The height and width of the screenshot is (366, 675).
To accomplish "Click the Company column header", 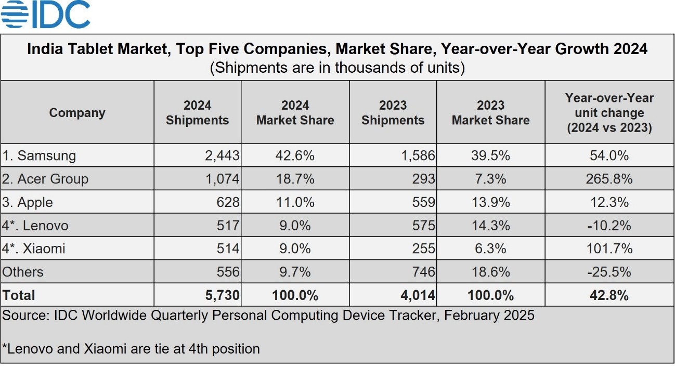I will tap(77, 113).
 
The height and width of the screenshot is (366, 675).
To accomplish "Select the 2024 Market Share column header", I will tap(295, 113).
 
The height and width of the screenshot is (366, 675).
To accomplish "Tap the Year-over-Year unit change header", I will tap(609, 113).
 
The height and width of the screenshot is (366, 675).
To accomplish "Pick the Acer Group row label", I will tap(45, 179).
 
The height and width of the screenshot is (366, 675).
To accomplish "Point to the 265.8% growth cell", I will tap(609, 179).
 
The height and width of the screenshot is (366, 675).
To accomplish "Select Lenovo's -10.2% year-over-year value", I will tap(609, 226).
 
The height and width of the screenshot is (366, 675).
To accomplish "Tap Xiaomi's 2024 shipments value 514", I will tap(228, 249).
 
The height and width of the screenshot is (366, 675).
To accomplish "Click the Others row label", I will tap(23, 272).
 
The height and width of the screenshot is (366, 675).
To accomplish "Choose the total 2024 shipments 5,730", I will tap(223, 295).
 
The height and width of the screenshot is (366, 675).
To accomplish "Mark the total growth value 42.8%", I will tap(609, 295).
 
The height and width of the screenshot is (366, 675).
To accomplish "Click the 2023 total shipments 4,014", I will tap(418, 295).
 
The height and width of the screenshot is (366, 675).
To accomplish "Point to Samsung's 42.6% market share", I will tap(295, 155).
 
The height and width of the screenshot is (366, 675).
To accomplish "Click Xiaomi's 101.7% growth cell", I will tap(609, 249).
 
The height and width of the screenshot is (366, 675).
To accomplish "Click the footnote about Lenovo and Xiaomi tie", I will tap(131, 348).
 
